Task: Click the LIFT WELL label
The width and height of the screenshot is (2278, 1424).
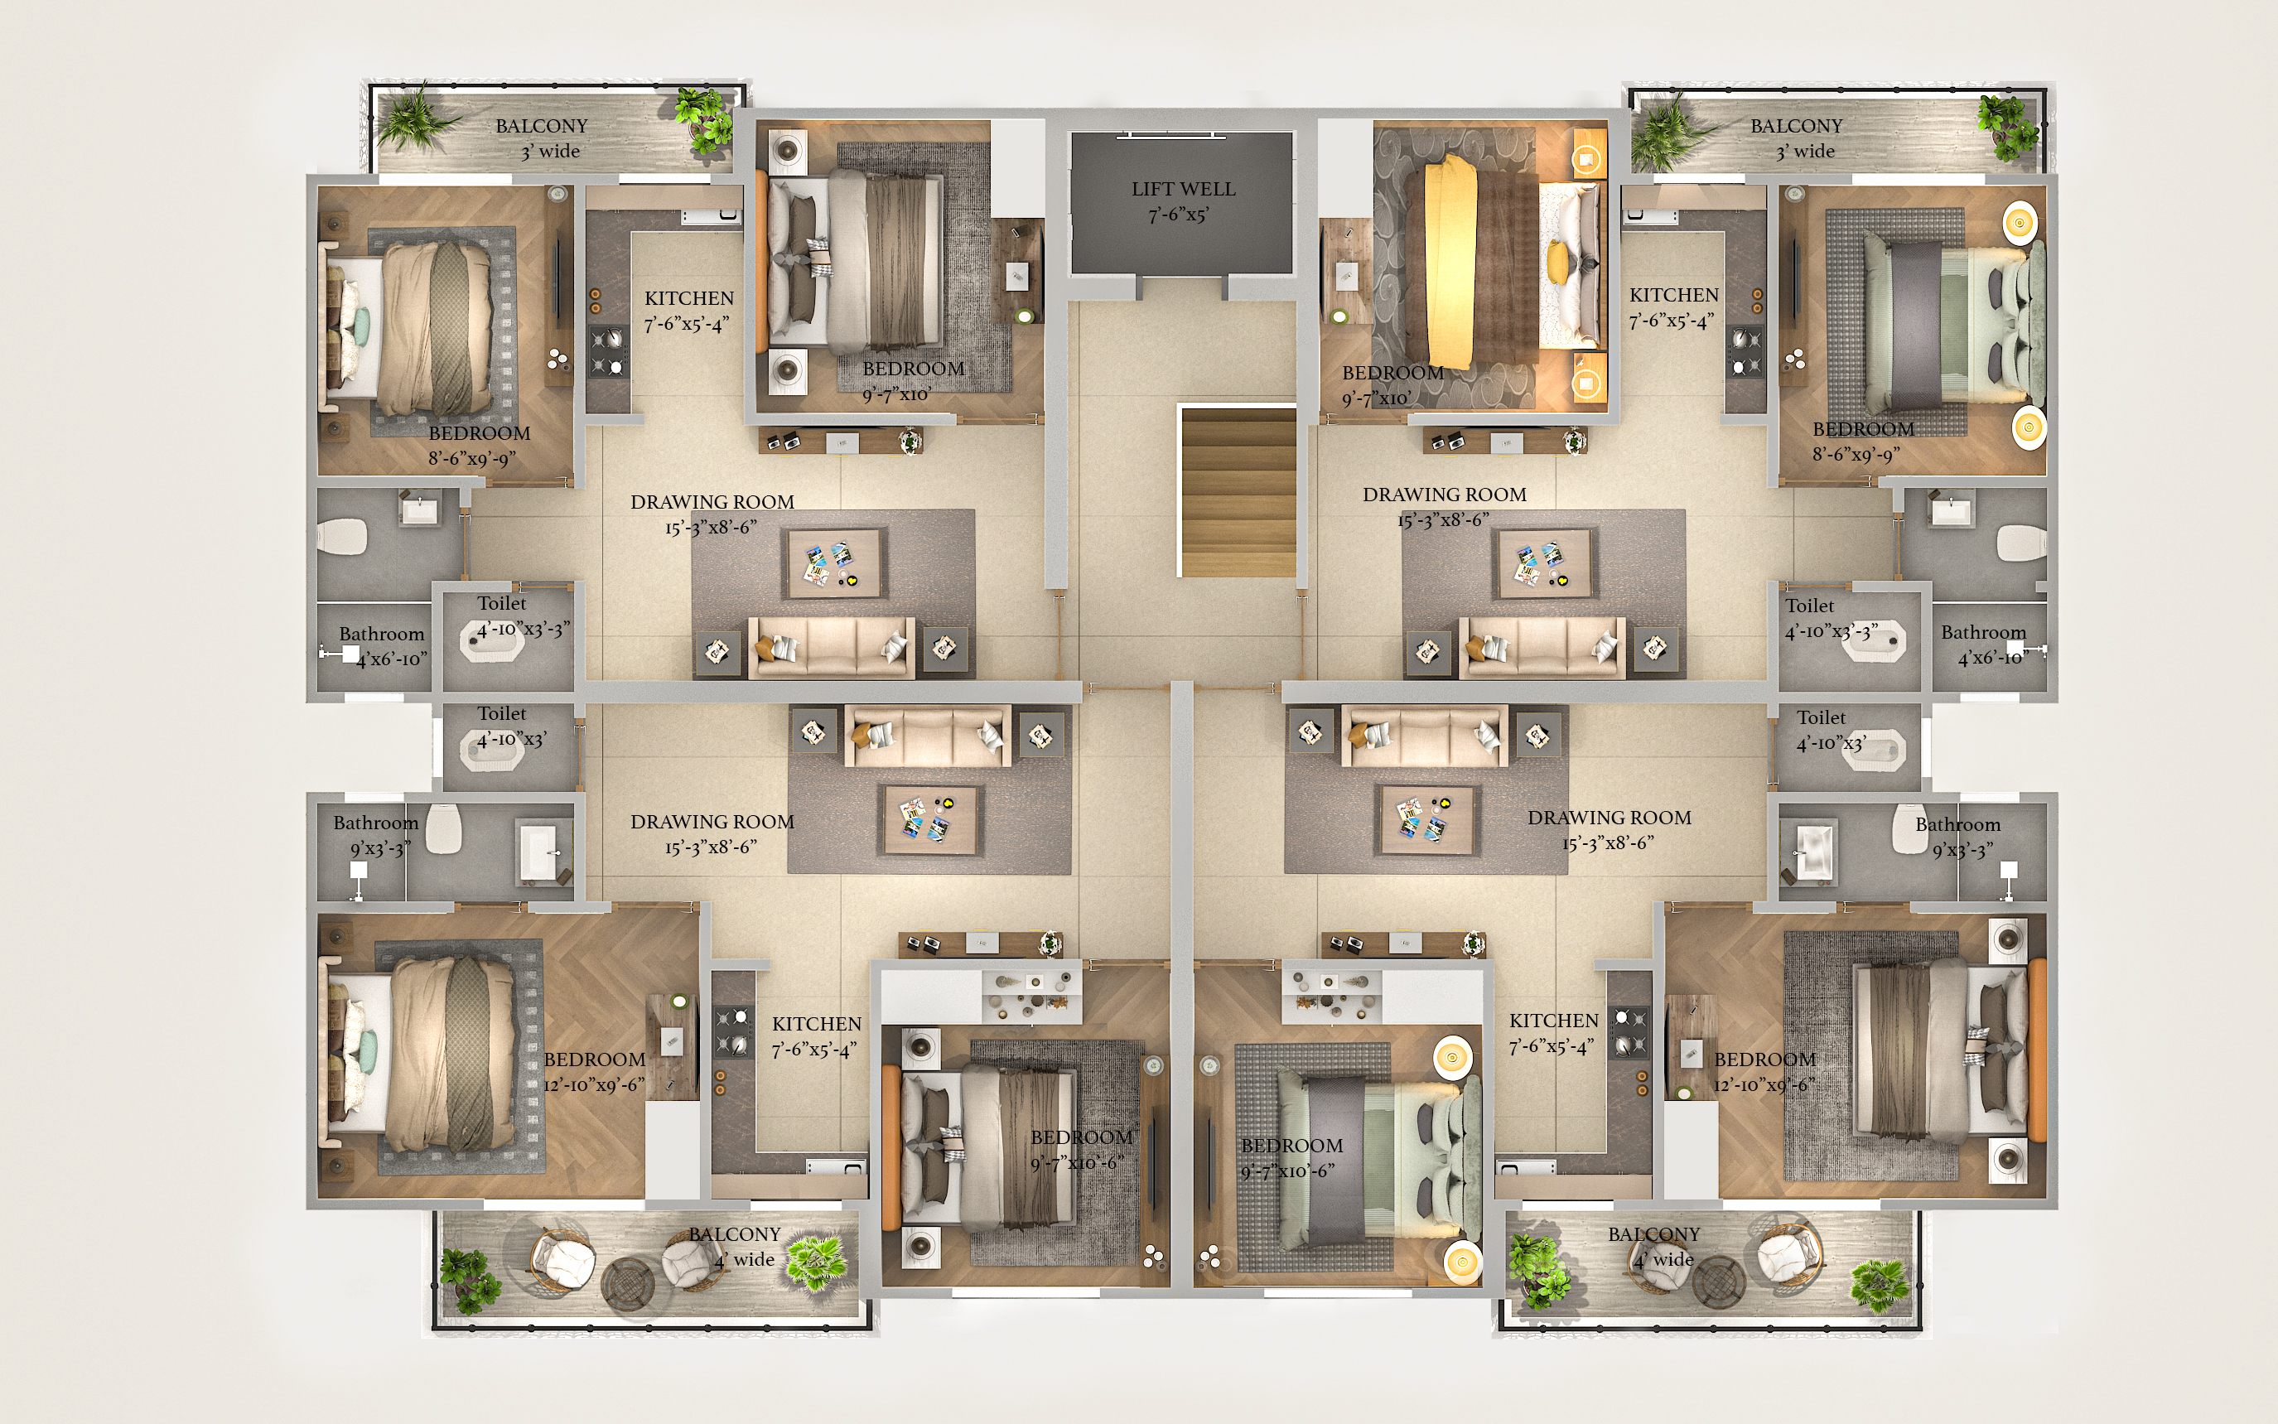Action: pyautogui.click(x=1183, y=190)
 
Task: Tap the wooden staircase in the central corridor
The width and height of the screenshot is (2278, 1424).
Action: pyautogui.click(x=1238, y=491)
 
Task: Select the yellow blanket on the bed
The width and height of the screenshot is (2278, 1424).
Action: pyautogui.click(x=1438, y=263)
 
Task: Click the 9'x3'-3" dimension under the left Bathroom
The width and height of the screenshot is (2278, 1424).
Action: pyautogui.click(x=380, y=848)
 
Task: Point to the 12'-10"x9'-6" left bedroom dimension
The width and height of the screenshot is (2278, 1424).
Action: pyautogui.click(x=594, y=1085)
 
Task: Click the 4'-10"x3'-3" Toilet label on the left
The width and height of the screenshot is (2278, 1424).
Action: pyautogui.click(x=523, y=629)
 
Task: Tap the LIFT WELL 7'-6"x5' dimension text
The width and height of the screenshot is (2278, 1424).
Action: pyautogui.click(x=1177, y=215)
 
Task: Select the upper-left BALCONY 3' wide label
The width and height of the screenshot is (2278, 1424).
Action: pyautogui.click(x=542, y=138)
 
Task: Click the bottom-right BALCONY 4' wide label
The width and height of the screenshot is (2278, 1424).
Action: pyautogui.click(x=1654, y=1247)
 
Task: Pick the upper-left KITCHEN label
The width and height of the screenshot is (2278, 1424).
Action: pyautogui.click(x=689, y=298)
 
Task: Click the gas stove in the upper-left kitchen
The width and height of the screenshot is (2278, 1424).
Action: pyautogui.click(x=607, y=351)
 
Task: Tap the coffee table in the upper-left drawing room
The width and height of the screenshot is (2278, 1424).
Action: pyautogui.click(x=833, y=563)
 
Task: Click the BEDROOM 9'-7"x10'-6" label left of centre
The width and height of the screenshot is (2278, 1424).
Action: pyautogui.click(x=1081, y=1150)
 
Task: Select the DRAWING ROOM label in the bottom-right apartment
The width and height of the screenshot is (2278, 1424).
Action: pyautogui.click(x=1610, y=818)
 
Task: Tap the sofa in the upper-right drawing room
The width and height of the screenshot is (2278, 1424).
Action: pyautogui.click(x=1542, y=647)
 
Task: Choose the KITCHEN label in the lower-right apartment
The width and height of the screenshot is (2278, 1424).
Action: pyautogui.click(x=1554, y=1021)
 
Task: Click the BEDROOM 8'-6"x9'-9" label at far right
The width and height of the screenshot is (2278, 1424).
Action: pyautogui.click(x=1863, y=442)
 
